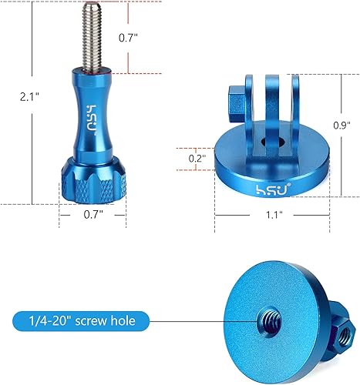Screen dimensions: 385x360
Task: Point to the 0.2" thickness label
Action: click(197, 158)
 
